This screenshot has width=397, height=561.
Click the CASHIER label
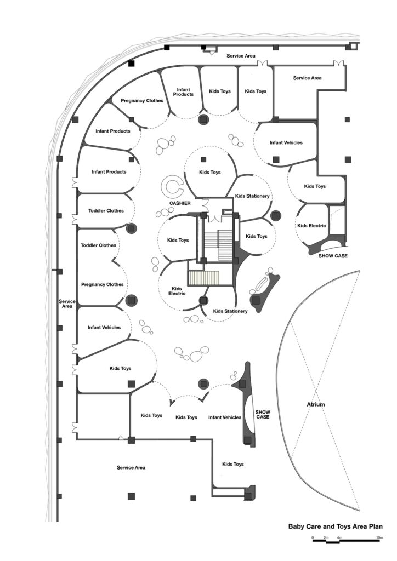coord(180,203)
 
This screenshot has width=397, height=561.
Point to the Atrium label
coord(316,404)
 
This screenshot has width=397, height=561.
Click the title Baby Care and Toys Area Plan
coord(336,526)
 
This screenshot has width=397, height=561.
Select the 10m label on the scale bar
coord(379,537)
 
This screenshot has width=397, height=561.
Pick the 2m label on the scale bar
coord(326,537)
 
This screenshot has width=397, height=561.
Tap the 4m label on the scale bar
coord(339,537)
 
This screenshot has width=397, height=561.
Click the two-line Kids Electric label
coord(177,291)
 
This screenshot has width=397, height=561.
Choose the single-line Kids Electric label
coord(311,225)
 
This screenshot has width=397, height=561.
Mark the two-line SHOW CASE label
coord(263,414)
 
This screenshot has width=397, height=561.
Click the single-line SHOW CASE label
coord(333,256)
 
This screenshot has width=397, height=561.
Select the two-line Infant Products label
coord(183,92)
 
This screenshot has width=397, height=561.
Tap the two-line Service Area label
coord(67,304)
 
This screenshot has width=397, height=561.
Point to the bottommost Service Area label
coord(131,468)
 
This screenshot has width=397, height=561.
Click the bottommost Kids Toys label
coord(232,464)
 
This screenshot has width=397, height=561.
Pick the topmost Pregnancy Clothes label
coord(142,101)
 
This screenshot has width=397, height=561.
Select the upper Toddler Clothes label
coord(106,211)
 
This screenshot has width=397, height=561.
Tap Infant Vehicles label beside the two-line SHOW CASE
coord(225,417)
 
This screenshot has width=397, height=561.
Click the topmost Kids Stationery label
coord(252,196)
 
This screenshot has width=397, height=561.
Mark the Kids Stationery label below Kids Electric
coord(230,311)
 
